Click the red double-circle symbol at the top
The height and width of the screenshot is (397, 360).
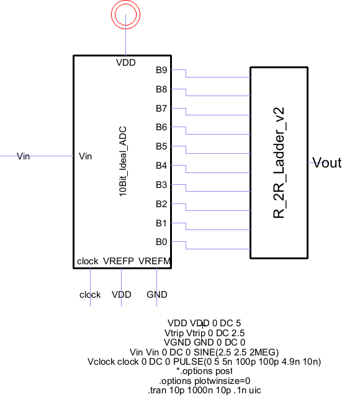click(125, 4)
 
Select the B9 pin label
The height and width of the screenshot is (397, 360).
click(161, 70)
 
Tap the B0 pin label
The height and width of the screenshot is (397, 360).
click(161, 242)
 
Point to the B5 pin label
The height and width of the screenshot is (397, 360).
click(161, 146)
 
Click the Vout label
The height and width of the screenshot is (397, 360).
click(327, 163)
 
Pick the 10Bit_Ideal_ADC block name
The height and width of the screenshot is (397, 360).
click(123, 161)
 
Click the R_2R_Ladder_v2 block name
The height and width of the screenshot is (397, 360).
click(279, 163)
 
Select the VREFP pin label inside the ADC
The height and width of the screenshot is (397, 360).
click(119, 261)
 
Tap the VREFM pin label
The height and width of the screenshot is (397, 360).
click(155, 261)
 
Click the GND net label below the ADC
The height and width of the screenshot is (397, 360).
click(157, 295)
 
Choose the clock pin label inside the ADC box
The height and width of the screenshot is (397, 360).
click(88, 261)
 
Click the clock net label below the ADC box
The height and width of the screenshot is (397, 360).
click(90, 295)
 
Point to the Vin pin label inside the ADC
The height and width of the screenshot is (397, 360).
click(85, 156)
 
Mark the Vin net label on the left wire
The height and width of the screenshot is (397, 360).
click(23, 156)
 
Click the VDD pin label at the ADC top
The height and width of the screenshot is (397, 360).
click(125, 63)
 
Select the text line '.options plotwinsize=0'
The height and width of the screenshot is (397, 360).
click(204, 381)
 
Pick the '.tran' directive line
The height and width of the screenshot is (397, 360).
click(204, 390)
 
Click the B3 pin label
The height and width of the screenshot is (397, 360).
click(161, 185)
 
